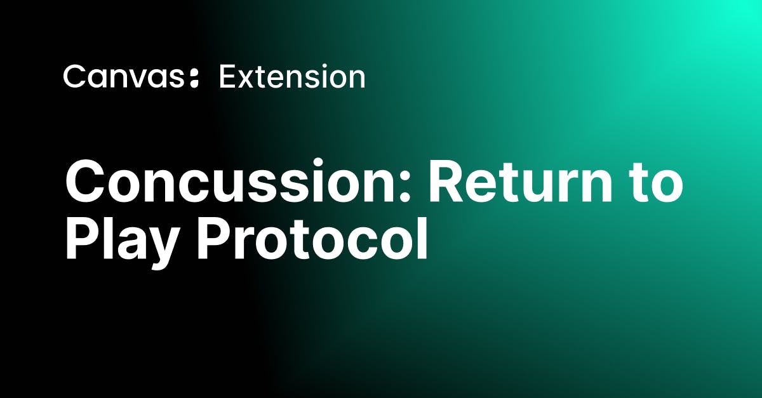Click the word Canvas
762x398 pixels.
121,77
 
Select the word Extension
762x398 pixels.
291,77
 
